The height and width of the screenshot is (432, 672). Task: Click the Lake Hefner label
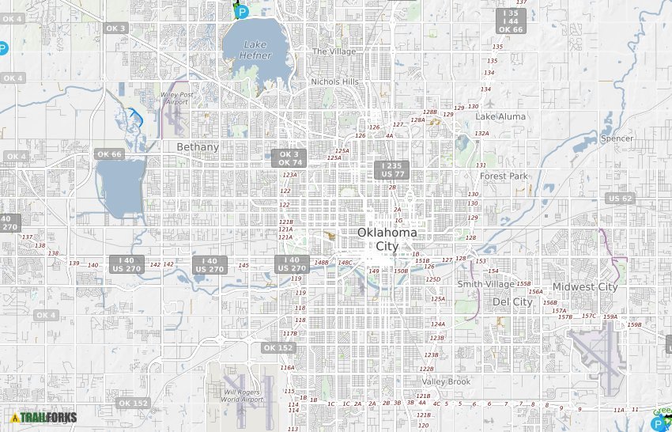pyautogui.click(x=255, y=50)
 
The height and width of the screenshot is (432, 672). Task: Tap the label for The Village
pyautogui.click(x=334, y=51)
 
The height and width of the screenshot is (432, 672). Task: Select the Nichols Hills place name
pyautogui.click(x=334, y=81)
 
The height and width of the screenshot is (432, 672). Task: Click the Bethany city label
pyautogui.click(x=198, y=147)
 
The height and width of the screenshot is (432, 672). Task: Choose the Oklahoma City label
pyautogui.click(x=387, y=239)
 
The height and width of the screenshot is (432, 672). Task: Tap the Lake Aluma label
pyautogui.click(x=500, y=116)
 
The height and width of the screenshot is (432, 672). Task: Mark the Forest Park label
pyautogui.click(x=504, y=176)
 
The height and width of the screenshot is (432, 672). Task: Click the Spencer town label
pyautogui.click(x=617, y=138)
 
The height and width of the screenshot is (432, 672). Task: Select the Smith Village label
pyautogui.click(x=485, y=284)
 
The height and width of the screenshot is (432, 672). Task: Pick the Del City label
pyautogui.click(x=512, y=301)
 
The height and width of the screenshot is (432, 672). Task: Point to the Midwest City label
pyautogui.click(x=585, y=286)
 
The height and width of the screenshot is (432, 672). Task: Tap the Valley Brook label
pyautogui.click(x=446, y=381)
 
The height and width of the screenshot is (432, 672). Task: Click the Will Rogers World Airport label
pyautogui.click(x=243, y=396)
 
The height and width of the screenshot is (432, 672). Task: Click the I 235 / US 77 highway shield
pyautogui.click(x=392, y=170)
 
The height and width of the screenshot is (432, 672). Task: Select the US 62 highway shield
pyautogui.click(x=620, y=198)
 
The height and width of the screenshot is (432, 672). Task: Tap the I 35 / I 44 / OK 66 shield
pyautogui.click(x=511, y=21)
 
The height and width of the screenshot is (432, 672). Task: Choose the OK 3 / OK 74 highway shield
pyautogui.click(x=289, y=158)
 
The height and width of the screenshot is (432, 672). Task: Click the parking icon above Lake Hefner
pyautogui.click(x=242, y=12)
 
